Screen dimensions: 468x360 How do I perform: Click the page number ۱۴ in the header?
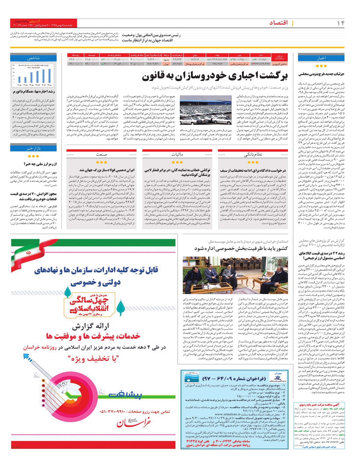(x=340, y=23)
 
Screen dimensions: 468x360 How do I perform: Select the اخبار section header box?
(x=321, y=58)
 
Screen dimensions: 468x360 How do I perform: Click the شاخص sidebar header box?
(x=33, y=58)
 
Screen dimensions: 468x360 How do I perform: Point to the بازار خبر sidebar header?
(x=33, y=148)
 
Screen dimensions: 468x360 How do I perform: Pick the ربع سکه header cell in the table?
(x=75, y=55)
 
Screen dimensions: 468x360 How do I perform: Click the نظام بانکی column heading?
(x=253, y=154)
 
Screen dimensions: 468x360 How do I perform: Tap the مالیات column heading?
(x=177, y=154)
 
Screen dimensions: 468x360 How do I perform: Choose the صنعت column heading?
(x=101, y=154)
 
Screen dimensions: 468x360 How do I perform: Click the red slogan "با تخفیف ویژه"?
(x=93, y=358)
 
